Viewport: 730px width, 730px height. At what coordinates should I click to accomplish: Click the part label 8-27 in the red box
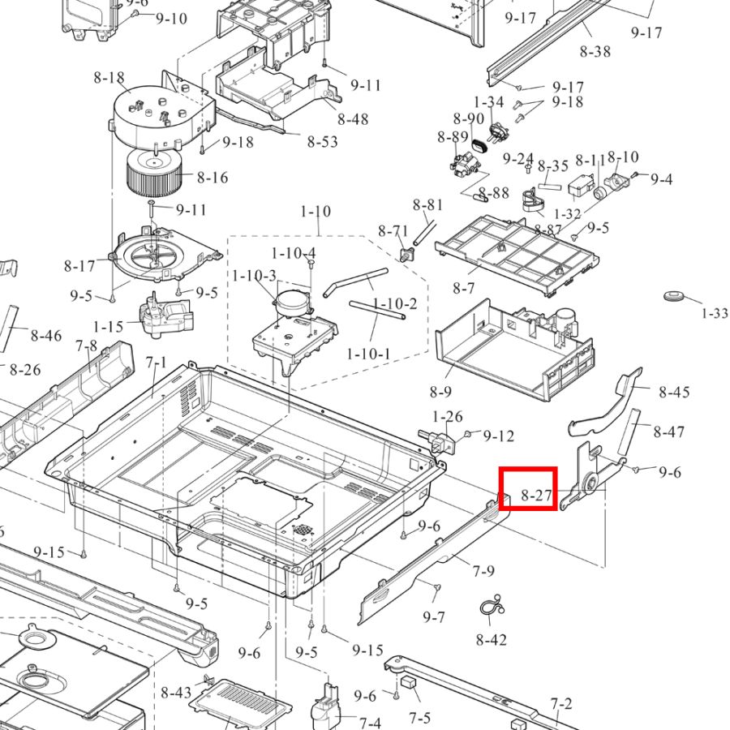pos(536,496)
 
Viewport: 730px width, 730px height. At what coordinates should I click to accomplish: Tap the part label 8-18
pos(109,78)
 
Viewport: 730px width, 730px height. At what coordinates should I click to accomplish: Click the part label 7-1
pos(156,363)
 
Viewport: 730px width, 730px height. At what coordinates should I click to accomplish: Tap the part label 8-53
pos(322,141)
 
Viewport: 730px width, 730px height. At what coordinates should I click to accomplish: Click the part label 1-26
pos(447,417)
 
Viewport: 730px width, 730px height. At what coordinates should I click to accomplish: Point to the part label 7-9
pos(483,571)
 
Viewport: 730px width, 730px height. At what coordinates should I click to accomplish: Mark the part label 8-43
pos(176,693)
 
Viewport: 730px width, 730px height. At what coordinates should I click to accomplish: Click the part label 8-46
pos(45,335)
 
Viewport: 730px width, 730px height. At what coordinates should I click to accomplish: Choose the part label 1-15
pos(108,326)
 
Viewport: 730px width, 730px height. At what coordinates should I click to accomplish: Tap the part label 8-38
pos(595,51)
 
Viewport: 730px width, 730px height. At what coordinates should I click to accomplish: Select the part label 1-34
pos(489,103)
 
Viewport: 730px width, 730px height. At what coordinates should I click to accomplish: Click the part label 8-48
pos(353,119)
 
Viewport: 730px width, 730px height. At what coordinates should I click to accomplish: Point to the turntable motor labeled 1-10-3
pos(290,301)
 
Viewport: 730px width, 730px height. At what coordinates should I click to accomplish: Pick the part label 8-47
pos(668,432)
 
